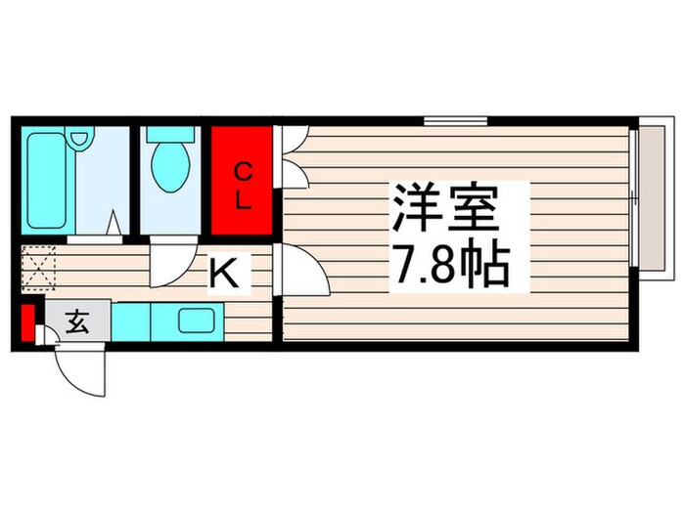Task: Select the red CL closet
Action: point(241,182)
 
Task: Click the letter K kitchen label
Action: point(226,275)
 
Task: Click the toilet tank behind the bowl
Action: point(171,137)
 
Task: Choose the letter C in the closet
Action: point(242,169)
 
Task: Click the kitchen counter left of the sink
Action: point(142,321)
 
